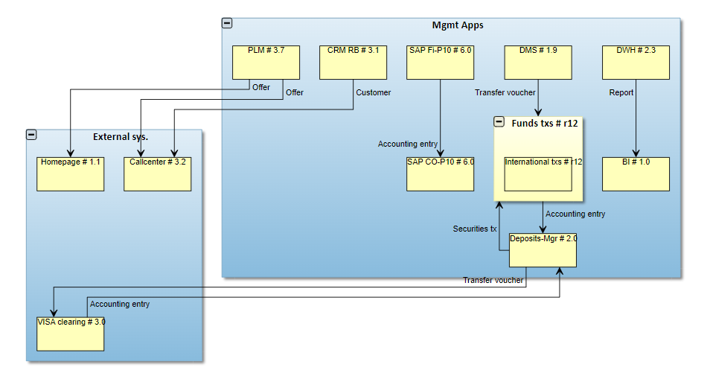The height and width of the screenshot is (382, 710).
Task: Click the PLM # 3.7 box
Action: (266, 63)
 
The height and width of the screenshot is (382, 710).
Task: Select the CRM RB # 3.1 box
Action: (353, 63)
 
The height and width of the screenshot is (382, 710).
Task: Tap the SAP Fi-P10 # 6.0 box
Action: (440, 63)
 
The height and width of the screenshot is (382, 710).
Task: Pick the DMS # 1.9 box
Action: (538, 63)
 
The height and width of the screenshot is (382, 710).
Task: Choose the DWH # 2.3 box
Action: (636, 63)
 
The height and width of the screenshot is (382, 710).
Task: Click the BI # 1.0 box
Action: (636, 174)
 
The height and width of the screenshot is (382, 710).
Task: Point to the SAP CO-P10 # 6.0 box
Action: (440, 174)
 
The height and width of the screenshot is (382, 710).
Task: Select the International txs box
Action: (538, 174)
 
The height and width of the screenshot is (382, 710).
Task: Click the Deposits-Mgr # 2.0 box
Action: (543, 250)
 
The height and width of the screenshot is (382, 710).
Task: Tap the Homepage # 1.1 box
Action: (71, 174)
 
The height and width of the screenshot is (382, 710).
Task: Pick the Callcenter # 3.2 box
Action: (157, 174)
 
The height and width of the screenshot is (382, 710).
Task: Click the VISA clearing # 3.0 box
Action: (71, 334)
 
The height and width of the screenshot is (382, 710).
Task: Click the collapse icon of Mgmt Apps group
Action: (227, 24)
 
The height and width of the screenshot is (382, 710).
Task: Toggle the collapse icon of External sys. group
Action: (31, 135)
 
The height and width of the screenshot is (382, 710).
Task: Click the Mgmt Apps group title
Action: (458, 25)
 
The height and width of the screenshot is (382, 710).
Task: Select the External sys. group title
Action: (121, 136)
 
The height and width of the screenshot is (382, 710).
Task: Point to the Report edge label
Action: (621, 93)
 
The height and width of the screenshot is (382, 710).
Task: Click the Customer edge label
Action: (373, 93)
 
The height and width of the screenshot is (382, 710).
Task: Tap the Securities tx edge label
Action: (475, 229)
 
